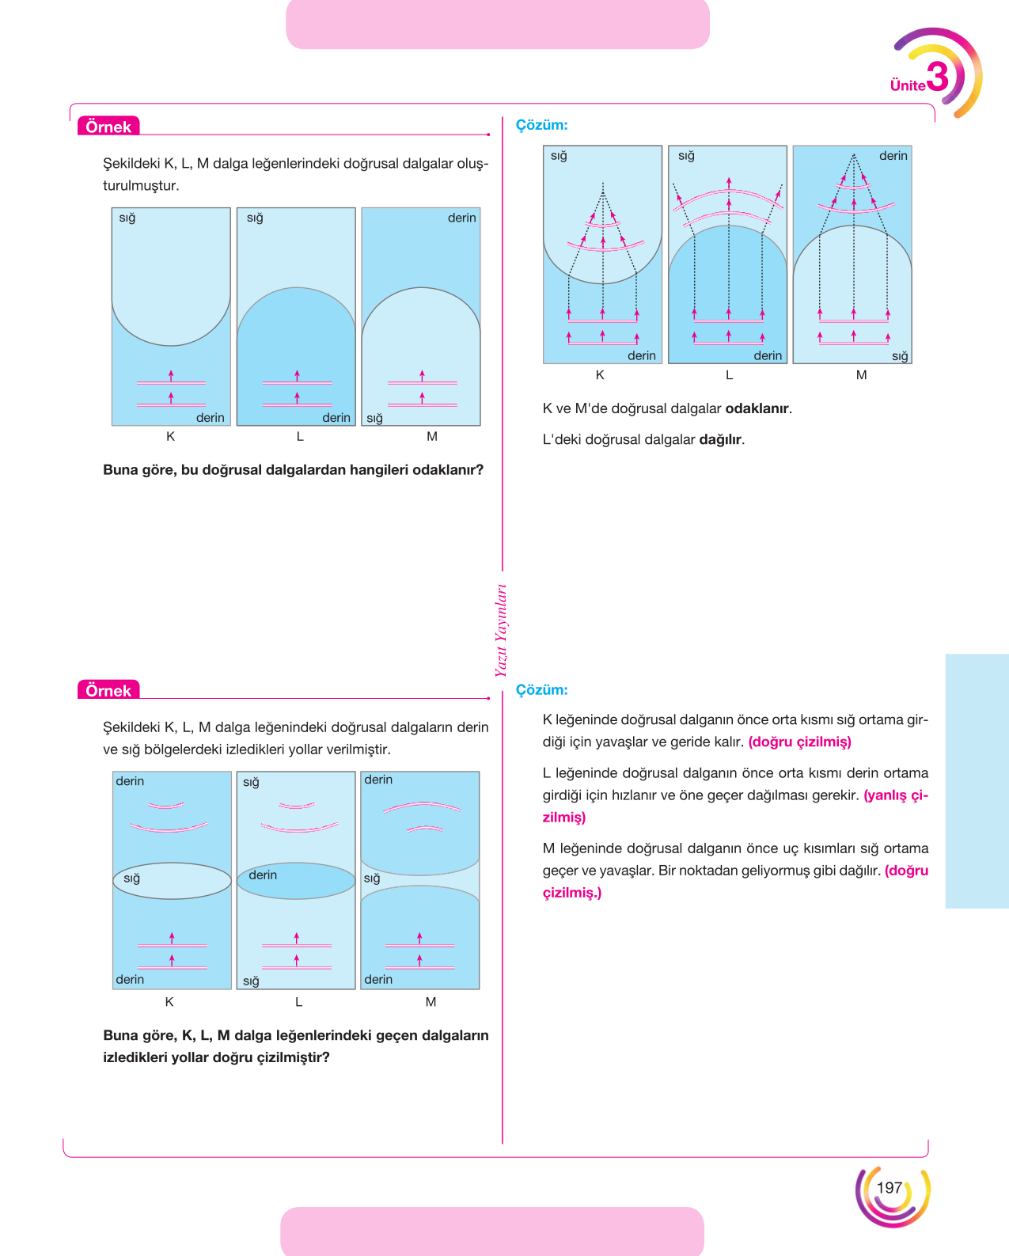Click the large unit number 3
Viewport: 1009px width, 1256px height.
938,77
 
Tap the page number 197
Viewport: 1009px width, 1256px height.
890,1187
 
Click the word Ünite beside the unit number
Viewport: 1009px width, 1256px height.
908,85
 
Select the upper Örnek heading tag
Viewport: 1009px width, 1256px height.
108,126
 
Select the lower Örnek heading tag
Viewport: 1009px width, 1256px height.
108,690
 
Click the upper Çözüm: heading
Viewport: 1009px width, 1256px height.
541,125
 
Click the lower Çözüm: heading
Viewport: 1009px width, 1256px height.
541,690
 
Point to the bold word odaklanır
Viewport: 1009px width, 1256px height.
757,408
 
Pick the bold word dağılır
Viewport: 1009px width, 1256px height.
720,439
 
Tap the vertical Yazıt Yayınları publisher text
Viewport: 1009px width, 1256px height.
501,630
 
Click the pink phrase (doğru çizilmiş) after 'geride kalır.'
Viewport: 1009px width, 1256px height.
799,742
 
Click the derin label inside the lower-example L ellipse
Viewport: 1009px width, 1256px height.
263,875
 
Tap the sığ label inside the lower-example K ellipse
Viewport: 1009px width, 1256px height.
132,878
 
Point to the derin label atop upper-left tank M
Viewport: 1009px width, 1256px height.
461,218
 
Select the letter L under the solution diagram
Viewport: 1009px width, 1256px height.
729,375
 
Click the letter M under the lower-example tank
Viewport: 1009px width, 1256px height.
431,1002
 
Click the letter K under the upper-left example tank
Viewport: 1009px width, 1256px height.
170,437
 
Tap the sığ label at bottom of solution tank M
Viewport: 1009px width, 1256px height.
899,356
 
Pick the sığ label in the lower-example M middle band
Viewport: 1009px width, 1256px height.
372,878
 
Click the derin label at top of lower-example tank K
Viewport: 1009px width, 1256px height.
130,781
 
